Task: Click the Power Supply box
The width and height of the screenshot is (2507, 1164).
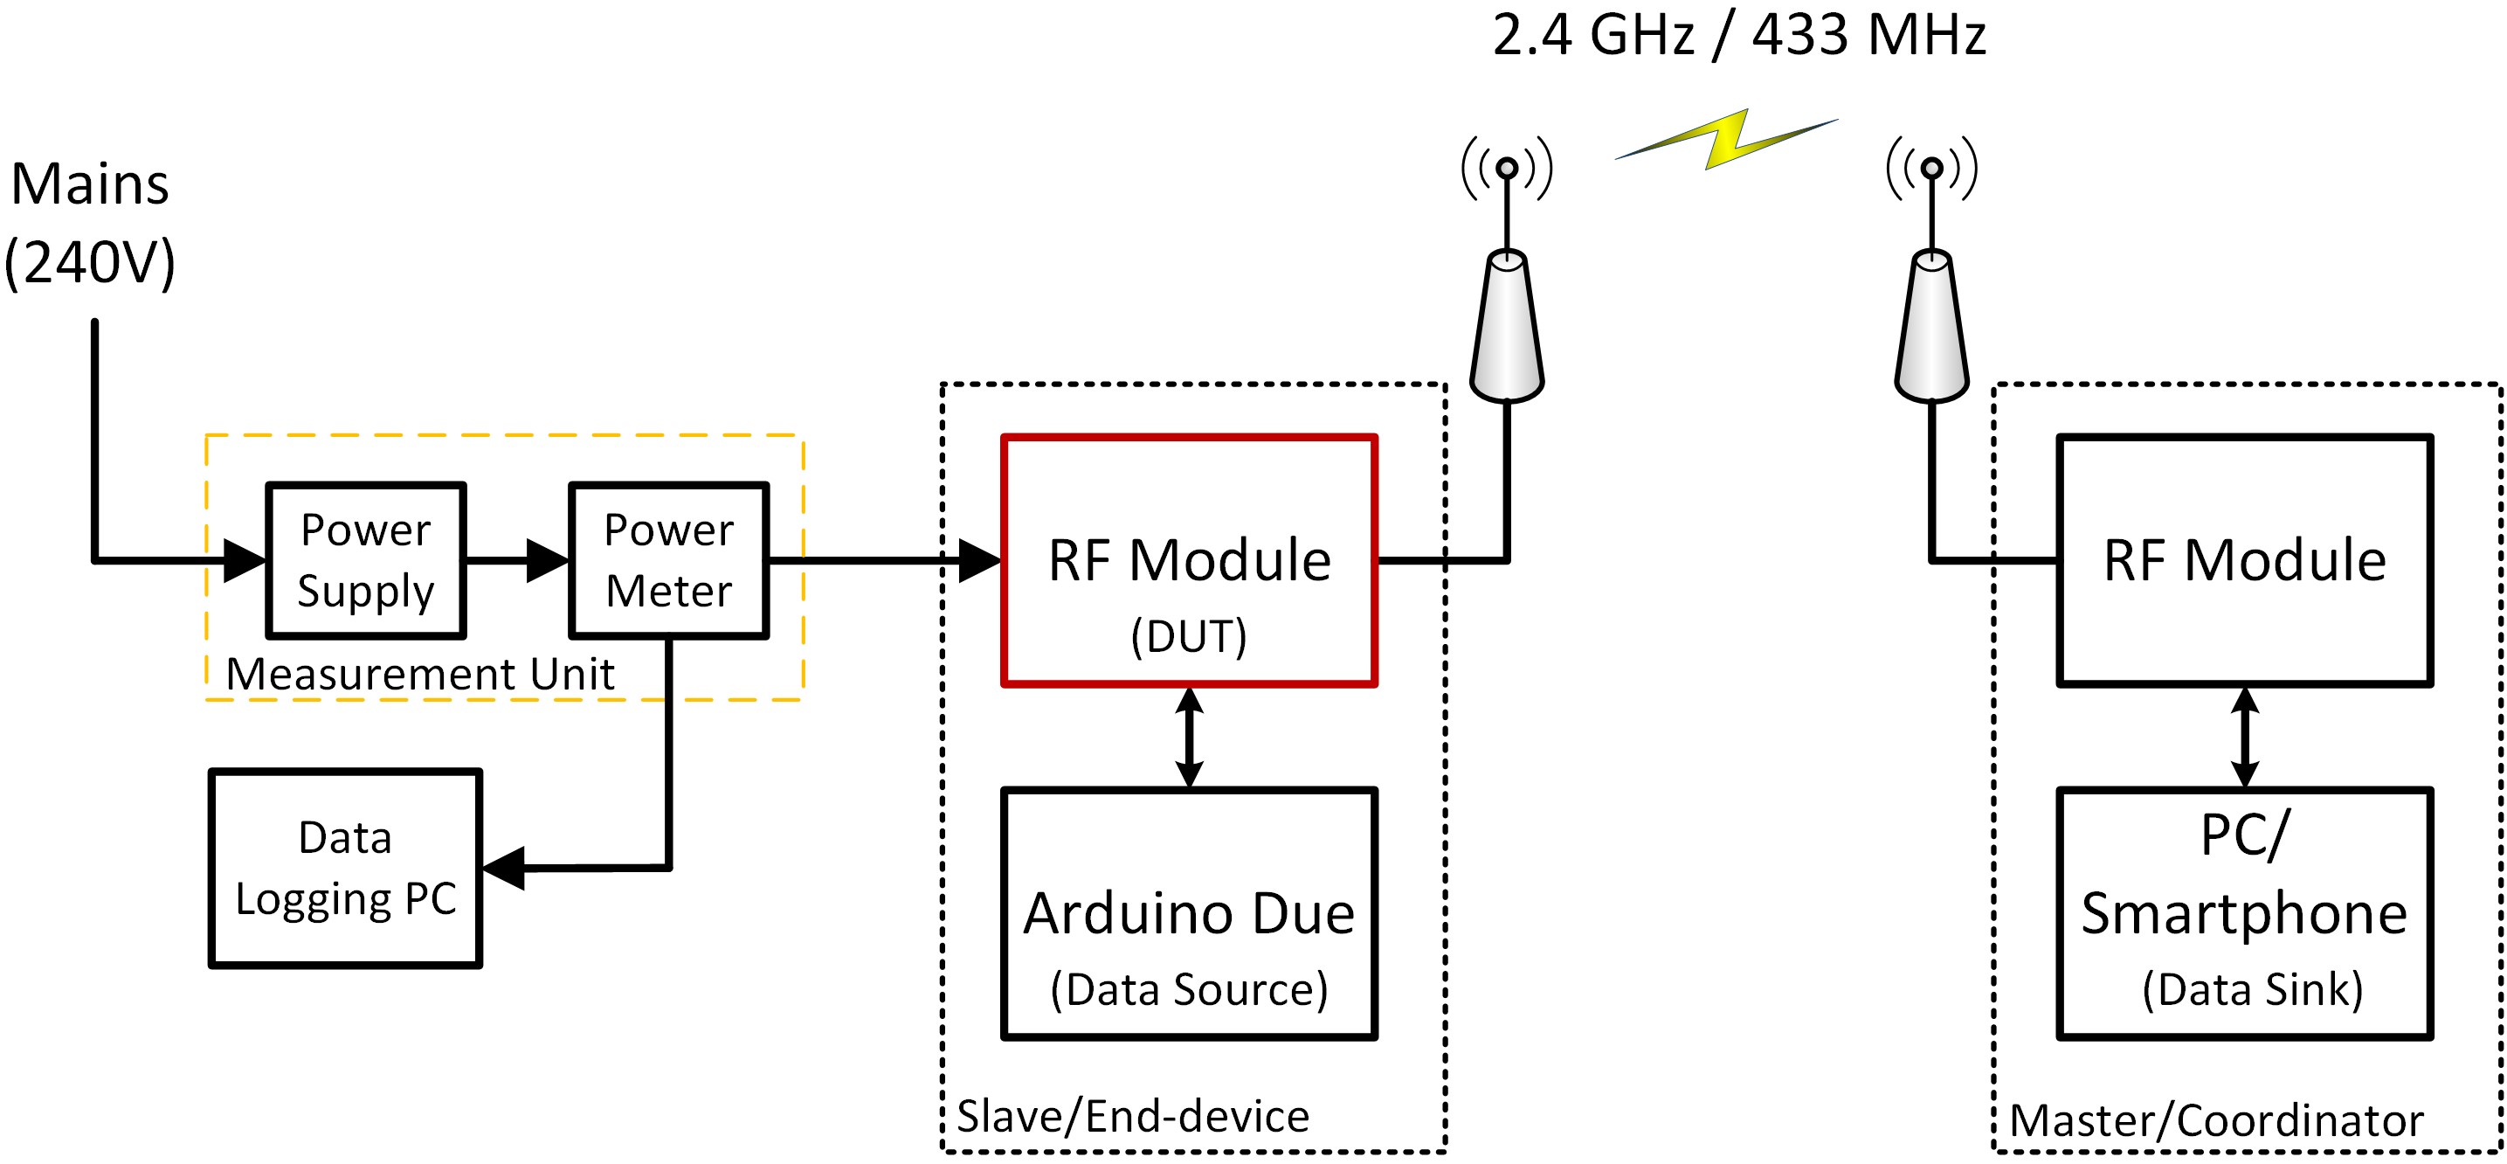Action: click(x=366, y=560)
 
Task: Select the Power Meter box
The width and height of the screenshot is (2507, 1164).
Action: click(x=668, y=560)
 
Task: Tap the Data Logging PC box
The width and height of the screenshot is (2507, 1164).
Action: click(x=346, y=868)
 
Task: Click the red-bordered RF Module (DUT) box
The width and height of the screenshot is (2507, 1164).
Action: click(x=1188, y=560)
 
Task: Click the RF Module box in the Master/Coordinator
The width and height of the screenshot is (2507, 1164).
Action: click(x=2244, y=560)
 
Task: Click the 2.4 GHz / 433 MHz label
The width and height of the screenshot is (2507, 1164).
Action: click(x=1738, y=35)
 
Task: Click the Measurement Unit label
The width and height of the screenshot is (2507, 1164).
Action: click(x=419, y=674)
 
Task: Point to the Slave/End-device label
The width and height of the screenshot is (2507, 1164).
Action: click(x=1132, y=1116)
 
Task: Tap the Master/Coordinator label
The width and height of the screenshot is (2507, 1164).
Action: click(x=2216, y=1120)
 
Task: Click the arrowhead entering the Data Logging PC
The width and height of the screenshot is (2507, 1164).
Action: click(x=504, y=868)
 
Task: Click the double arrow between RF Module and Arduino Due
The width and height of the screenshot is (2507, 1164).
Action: click(x=1188, y=737)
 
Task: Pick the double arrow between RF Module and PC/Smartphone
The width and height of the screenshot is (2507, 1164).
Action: click(x=2244, y=737)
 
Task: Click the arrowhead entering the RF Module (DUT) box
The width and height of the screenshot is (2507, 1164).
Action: click(x=978, y=560)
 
